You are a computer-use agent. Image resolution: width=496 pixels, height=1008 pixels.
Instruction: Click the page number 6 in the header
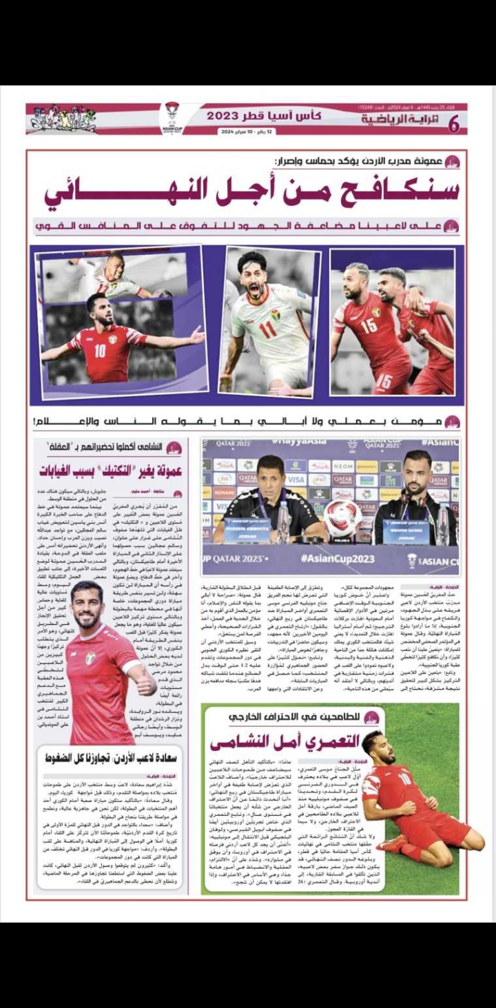coord(453,125)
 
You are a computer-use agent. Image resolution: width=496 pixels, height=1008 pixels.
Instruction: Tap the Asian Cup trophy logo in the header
coord(172,117)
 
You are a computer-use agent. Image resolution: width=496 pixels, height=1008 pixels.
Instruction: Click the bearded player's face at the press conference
coord(417,469)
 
